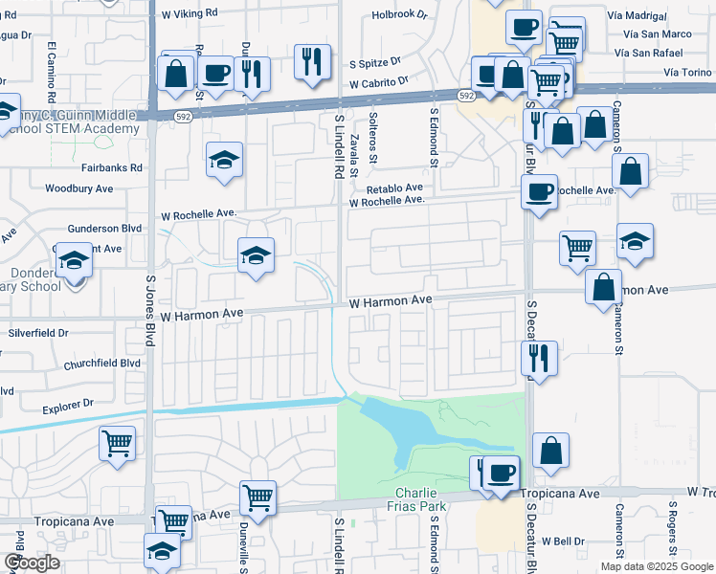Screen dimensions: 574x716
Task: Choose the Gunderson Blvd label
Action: tap(104, 229)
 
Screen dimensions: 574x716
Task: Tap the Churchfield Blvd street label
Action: tap(102, 364)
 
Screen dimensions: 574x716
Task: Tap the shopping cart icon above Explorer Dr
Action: tap(117, 443)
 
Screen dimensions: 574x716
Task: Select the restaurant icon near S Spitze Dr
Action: tap(312, 61)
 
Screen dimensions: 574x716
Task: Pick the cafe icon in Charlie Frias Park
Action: tap(502, 472)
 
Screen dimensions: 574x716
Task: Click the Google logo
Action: tap(32, 563)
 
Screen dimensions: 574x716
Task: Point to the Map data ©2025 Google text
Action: tap(658, 566)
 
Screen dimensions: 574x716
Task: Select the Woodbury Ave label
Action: tap(78, 189)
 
